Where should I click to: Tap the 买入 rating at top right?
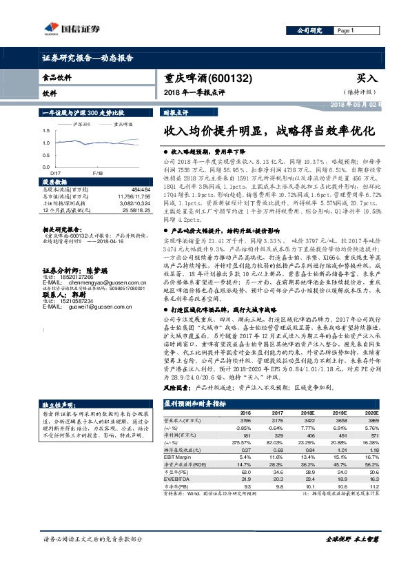(x=368, y=79)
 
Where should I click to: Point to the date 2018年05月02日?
(x=356, y=103)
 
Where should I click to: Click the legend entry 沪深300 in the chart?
(x=81, y=125)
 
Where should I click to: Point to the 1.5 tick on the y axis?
(x=47, y=130)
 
